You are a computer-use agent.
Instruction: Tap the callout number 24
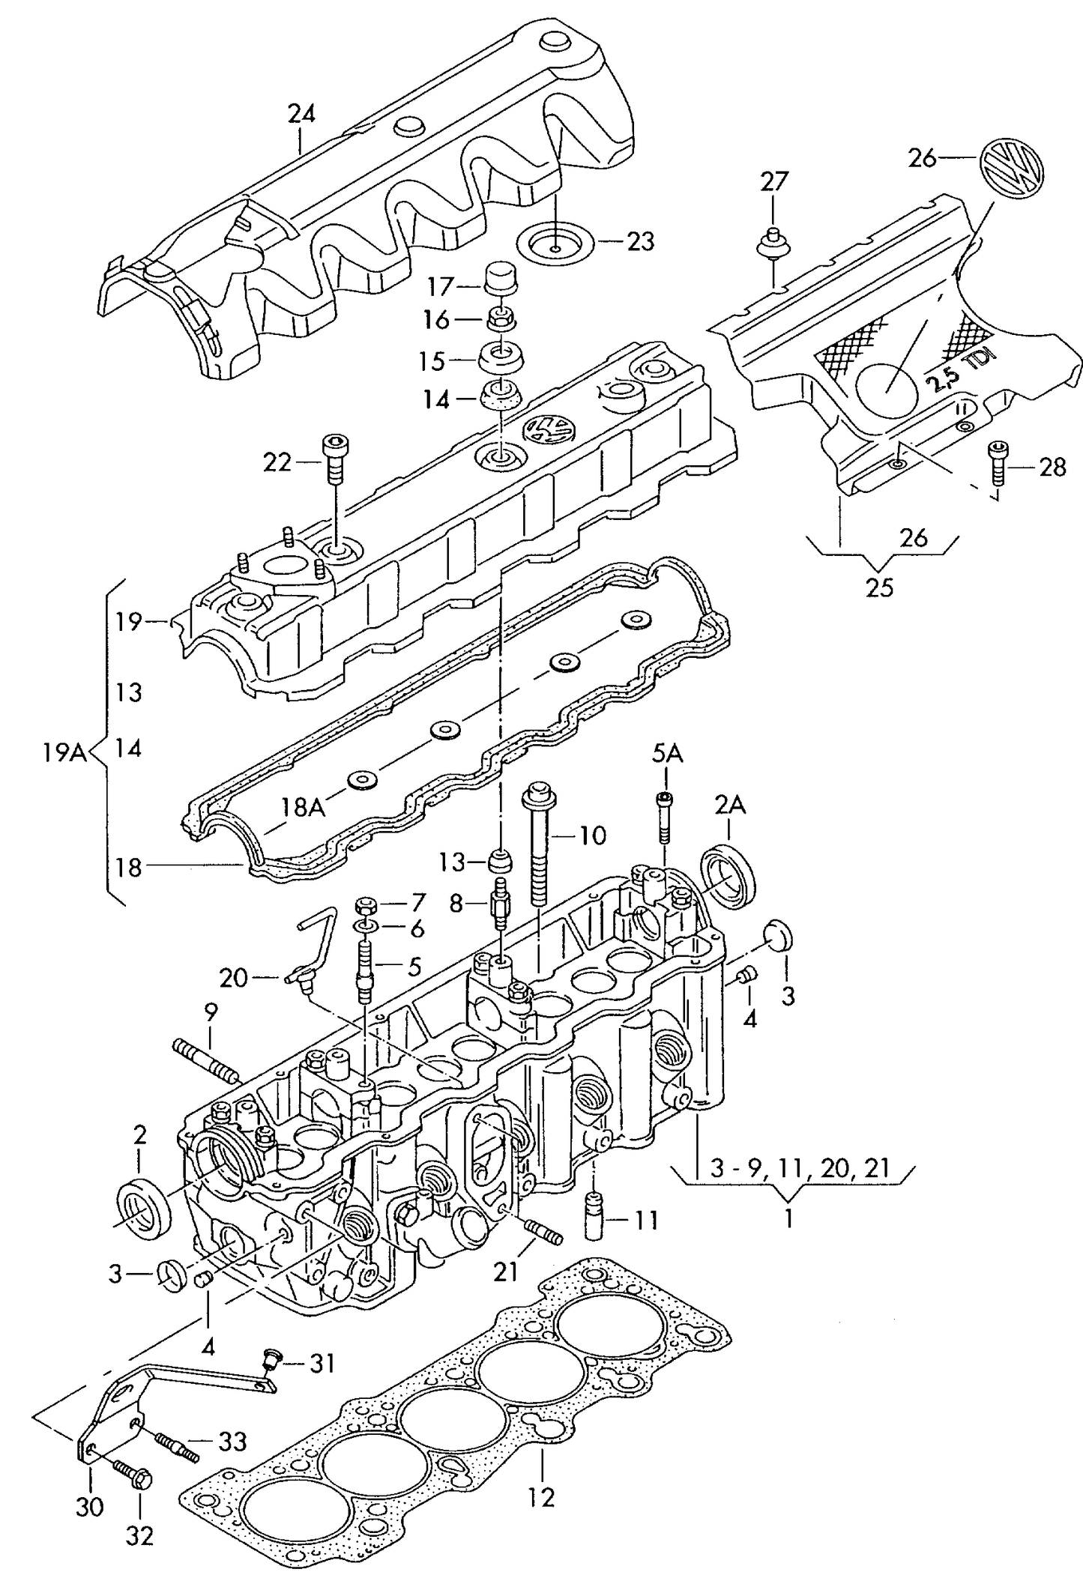click(301, 114)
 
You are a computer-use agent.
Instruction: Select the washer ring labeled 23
click(555, 244)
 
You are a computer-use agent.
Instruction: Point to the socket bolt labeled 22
click(333, 459)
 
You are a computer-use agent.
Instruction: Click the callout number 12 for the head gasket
click(540, 1497)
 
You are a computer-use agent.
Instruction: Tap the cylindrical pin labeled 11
click(594, 1222)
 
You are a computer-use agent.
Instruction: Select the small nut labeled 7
click(366, 904)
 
